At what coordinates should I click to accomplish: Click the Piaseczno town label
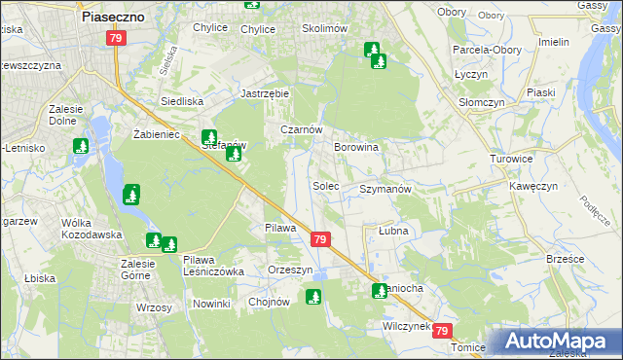[x=113, y=18]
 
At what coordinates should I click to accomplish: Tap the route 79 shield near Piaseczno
[x=116, y=38]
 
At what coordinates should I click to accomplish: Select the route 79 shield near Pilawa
[x=321, y=239]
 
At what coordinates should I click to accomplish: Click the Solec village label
[x=325, y=185]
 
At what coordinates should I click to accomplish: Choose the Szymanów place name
[x=386, y=189]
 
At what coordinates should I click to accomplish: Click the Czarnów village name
[x=301, y=129]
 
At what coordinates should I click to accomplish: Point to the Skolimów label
[x=325, y=29]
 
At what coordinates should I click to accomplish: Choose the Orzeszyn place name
[x=290, y=270]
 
